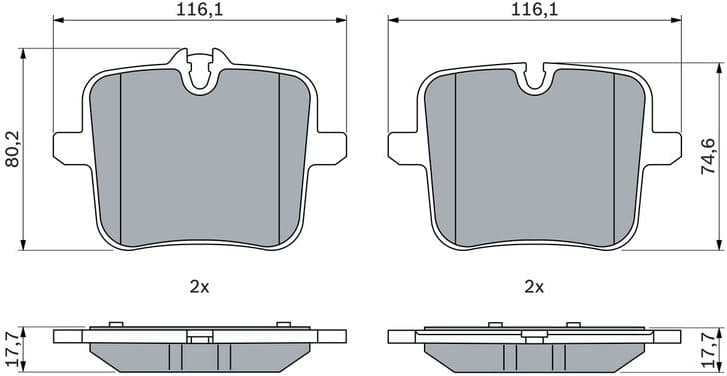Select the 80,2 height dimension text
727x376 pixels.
coord(13,149)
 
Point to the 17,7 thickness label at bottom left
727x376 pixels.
coord(13,349)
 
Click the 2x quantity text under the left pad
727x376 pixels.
coord(198,287)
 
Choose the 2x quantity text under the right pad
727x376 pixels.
coord(534,287)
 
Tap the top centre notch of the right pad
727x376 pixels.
coord(534,76)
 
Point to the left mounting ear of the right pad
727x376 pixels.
coord(400,146)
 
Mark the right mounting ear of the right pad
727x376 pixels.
coord(668,146)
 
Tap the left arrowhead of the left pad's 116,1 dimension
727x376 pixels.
coord(56,19)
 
